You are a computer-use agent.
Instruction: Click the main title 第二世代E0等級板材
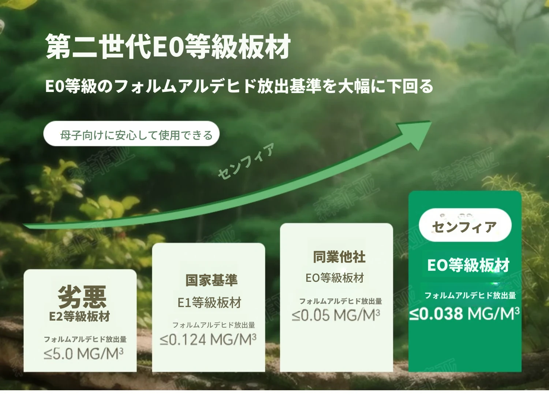tap(168, 46)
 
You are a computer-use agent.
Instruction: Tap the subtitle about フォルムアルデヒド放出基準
tap(239, 86)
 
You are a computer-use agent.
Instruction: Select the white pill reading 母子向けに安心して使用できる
tap(131, 134)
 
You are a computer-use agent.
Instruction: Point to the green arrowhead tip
tap(432, 121)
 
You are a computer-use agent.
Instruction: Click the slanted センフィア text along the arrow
tap(246, 161)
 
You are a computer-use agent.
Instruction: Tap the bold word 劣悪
tap(82, 296)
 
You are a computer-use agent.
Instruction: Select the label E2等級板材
tap(79, 316)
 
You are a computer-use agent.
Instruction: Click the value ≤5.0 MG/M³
tap(83, 354)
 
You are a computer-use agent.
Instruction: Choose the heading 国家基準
tap(212, 280)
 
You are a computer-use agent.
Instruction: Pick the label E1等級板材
tap(209, 302)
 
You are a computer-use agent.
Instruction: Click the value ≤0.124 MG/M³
tap(208, 339)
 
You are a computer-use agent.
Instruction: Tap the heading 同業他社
tap(339, 257)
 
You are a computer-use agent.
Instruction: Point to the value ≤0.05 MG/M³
tap(336, 315)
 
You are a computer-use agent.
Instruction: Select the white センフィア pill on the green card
tap(465, 225)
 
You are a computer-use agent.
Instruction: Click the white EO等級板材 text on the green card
tap(468, 265)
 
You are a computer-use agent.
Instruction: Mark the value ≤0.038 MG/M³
tap(464, 314)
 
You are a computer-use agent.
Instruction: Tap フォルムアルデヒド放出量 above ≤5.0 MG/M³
tap(85, 339)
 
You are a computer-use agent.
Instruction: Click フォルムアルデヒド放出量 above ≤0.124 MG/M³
tap(214, 325)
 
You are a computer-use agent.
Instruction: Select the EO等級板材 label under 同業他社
tap(335, 278)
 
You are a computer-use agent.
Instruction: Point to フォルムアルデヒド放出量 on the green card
tap(470, 295)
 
